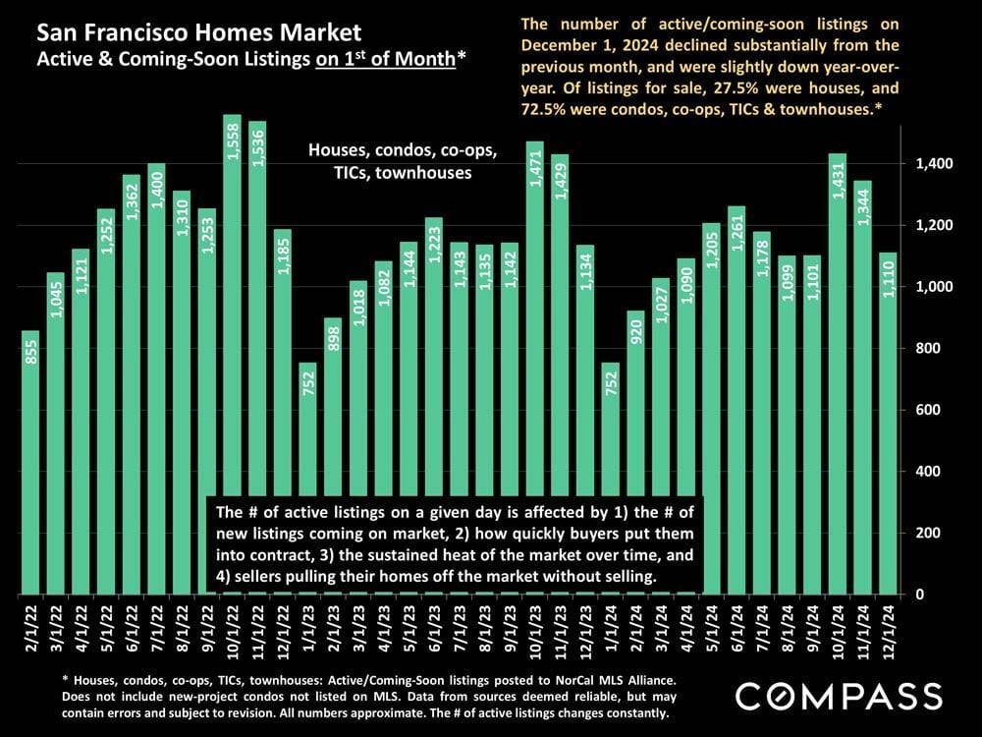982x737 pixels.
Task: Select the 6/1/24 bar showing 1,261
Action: coord(736,403)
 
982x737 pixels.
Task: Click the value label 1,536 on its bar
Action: coord(257,145)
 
